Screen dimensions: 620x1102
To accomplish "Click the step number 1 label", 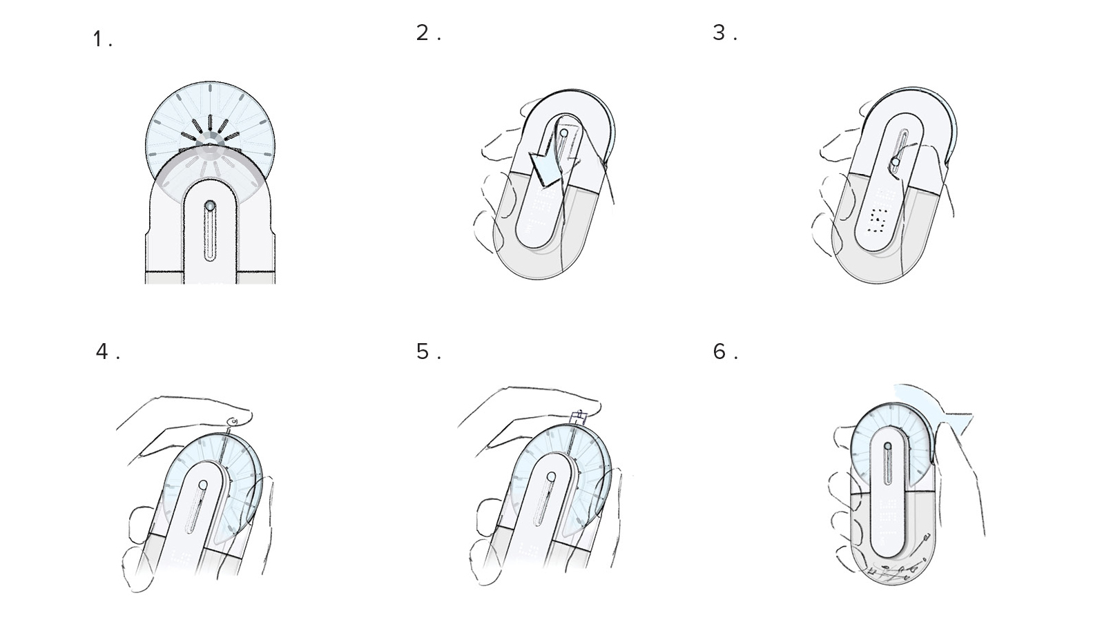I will (101, 40).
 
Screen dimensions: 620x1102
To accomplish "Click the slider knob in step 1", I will (209, 206).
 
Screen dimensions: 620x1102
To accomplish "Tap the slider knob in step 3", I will (895, 162).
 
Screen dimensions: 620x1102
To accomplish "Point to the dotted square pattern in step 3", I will (878, 220).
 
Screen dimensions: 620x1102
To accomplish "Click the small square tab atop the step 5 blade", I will (579, 416).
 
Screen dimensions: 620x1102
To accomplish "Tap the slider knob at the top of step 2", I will (564, 133).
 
